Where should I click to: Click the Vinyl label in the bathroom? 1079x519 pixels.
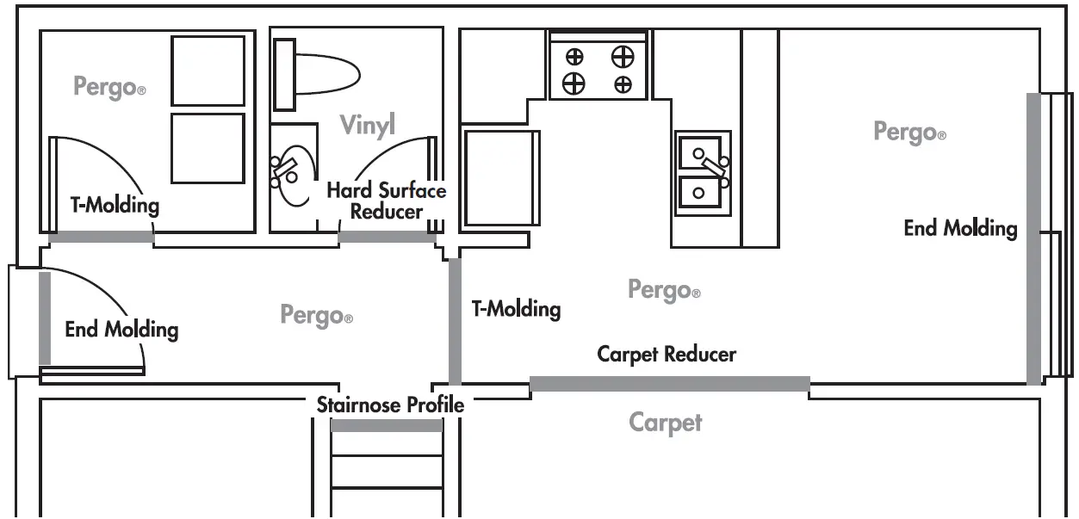(x=367, y=125)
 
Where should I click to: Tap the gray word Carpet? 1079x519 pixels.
(x=665, y=423)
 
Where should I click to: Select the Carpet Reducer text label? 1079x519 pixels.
(x=667, y=354)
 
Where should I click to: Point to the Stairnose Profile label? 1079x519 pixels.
(x=390, y=405)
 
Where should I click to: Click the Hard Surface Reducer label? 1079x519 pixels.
(x=386, y=201)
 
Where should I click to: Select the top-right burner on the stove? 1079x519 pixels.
(x=622, y=58)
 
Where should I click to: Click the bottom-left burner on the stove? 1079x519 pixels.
(x=574, y=83)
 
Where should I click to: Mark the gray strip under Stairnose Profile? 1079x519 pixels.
(x=386, y=425)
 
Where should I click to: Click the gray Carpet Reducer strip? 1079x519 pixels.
(x=669, y=384)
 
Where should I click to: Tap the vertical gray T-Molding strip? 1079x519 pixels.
(x=455, y=320)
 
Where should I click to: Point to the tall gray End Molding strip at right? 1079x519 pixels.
(x=1033, y=238)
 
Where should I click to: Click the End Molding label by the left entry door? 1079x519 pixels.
(x=121, y=329)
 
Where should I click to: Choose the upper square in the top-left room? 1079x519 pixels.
(x=208, y=71)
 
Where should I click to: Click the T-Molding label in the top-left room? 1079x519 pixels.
(x=115, y=205)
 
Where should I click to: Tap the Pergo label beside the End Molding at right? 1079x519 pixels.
(x=909, y=133)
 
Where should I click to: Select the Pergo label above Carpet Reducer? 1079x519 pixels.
(x=664, y=290)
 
